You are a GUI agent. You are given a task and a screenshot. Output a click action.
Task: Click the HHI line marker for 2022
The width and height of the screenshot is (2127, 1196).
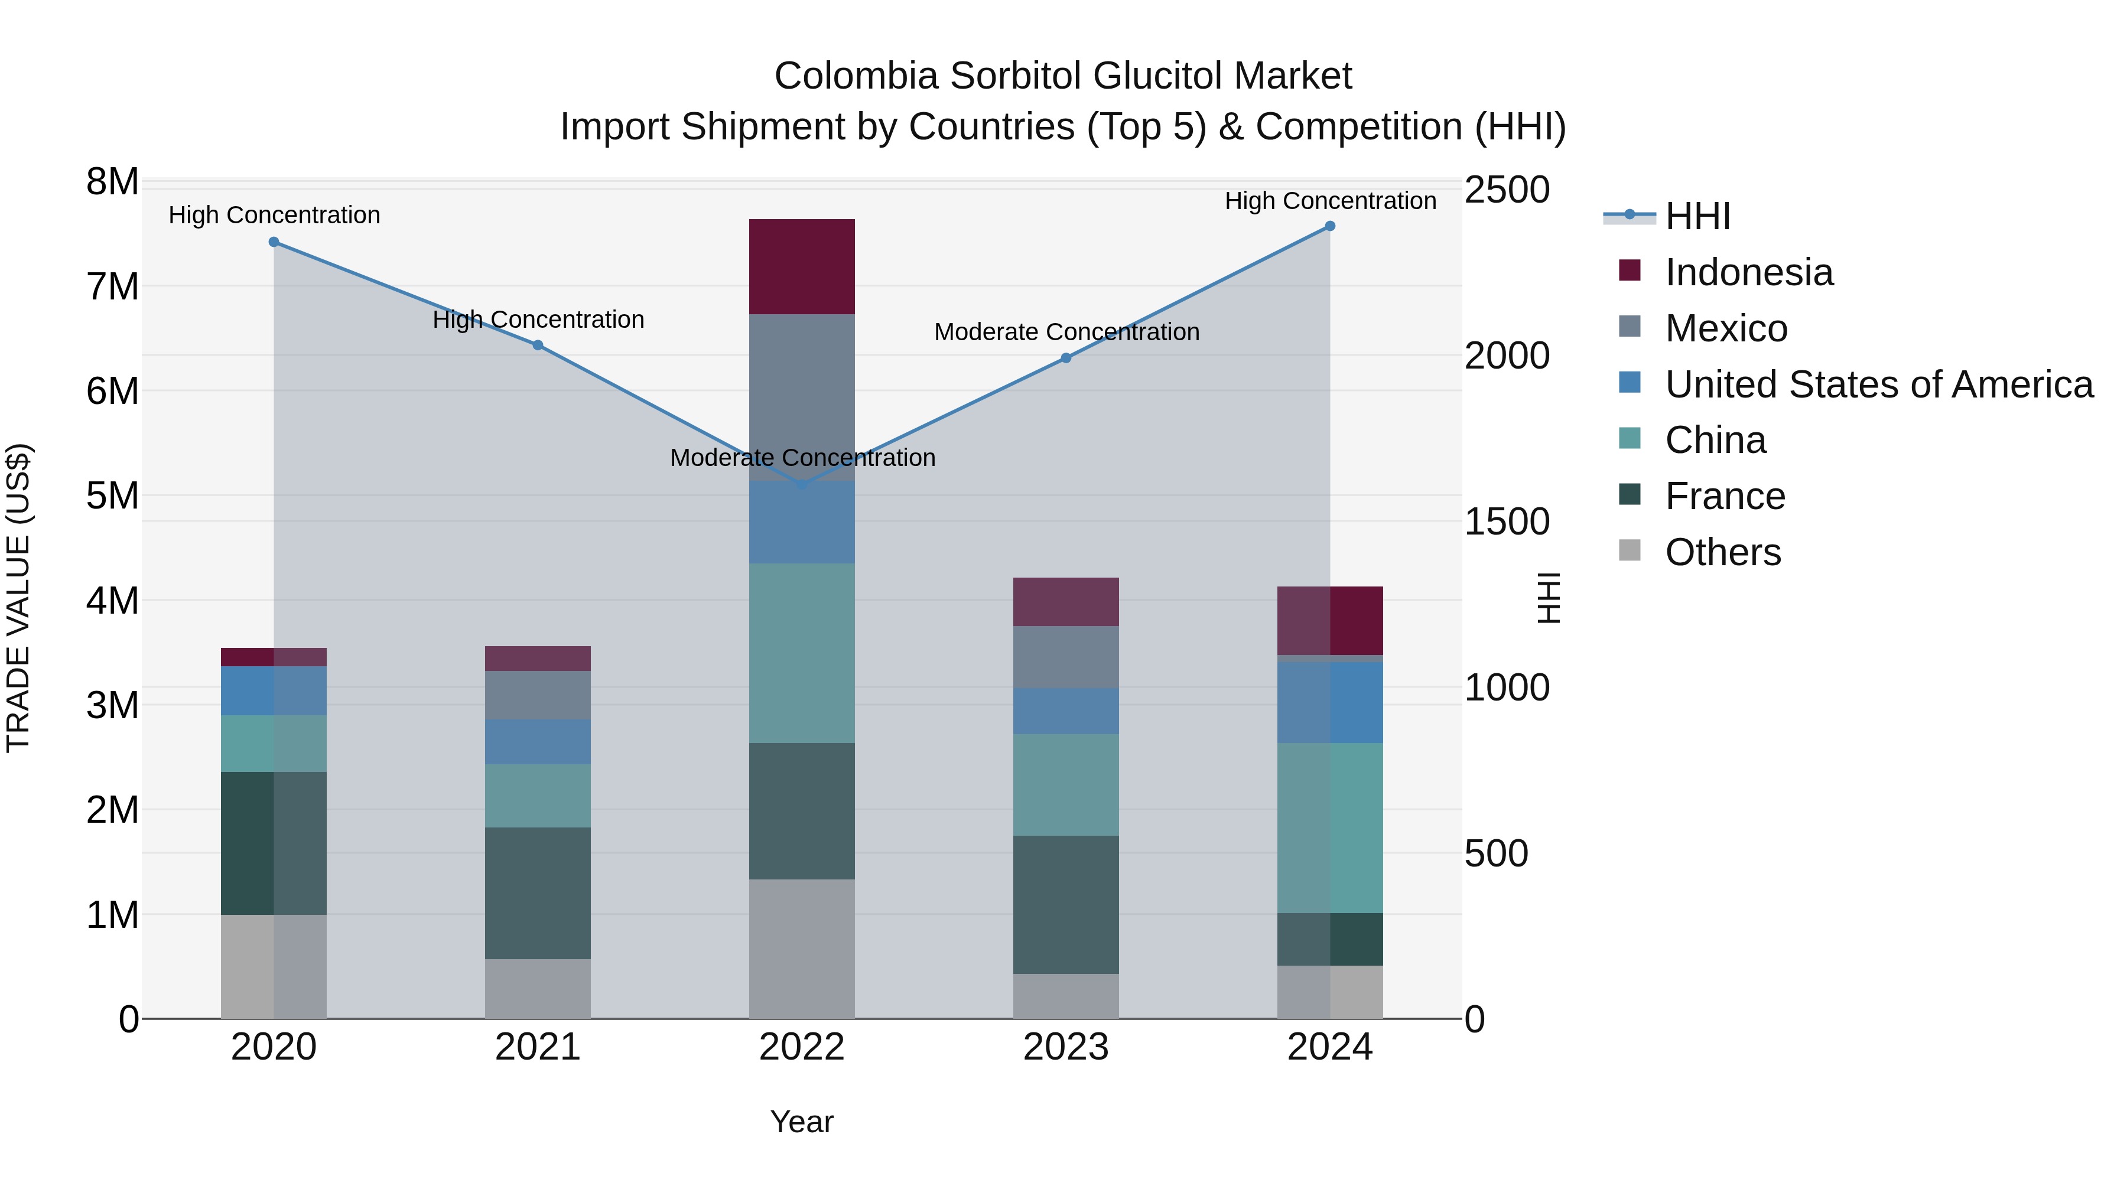pos(801,484)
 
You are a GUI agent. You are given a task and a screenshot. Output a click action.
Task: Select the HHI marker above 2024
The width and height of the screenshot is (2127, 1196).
pos(1329,226)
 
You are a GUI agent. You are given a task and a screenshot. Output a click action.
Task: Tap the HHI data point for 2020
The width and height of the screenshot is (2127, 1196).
pos(274,242)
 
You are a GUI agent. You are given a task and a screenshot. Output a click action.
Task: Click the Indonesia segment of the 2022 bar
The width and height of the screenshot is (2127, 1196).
pos(801,266)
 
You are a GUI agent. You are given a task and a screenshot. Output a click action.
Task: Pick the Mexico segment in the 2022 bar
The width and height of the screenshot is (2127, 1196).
pos(801,396)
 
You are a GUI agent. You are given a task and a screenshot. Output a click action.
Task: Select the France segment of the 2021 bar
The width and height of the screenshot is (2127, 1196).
pos(538,892)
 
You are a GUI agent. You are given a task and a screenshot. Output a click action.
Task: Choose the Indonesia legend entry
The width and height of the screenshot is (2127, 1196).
pos(1748,272)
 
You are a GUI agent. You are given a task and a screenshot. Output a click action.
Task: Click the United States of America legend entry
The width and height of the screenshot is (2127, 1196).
pos(1878,384)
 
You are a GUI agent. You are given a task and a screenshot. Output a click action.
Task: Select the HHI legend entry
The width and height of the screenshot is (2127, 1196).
pos(1697,216)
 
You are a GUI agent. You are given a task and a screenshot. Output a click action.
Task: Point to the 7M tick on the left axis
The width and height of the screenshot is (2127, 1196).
pos(113,287)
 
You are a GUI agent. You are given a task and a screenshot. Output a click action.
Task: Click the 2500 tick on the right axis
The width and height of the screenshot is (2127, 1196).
pos(1506,190)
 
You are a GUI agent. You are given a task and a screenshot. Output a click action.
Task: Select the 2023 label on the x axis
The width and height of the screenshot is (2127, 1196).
pos(1065,1047)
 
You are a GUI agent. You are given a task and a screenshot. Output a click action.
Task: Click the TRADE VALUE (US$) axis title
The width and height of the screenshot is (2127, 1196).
pos(18,598)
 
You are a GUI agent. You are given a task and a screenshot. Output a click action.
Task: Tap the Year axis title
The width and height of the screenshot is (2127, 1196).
pos(801,1122)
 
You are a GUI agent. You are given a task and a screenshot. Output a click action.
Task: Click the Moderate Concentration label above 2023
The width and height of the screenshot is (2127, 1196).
pos(1066,332)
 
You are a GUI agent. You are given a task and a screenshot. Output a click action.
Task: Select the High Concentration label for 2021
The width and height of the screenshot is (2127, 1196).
pos(538,320)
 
